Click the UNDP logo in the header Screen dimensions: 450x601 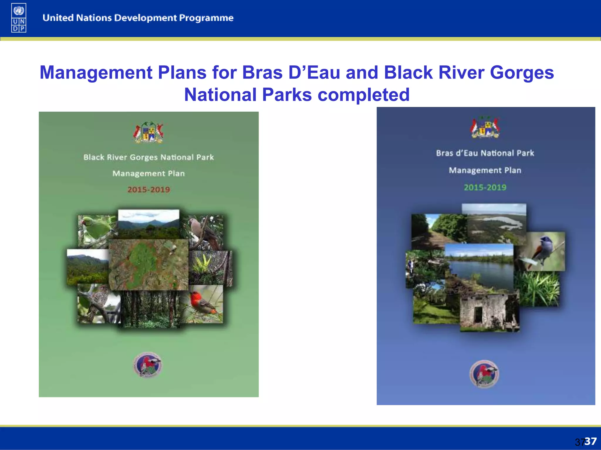tap(19, 18)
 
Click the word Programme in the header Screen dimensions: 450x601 tap(206, 18)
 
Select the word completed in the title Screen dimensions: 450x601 tap(364, 95)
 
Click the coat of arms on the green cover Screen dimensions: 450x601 tap(148, 132)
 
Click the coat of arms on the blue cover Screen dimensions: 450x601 tap(485, 127)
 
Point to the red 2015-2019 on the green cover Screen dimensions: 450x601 tap(148, 190)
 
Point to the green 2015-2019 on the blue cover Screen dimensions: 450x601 tap(485, 187)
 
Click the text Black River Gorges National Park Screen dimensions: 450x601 tap(148, 157)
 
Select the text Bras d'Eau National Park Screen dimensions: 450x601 tap(485, 153)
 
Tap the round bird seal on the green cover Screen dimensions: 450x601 tap(148, 365)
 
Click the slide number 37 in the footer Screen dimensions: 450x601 tap(590, 441)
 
